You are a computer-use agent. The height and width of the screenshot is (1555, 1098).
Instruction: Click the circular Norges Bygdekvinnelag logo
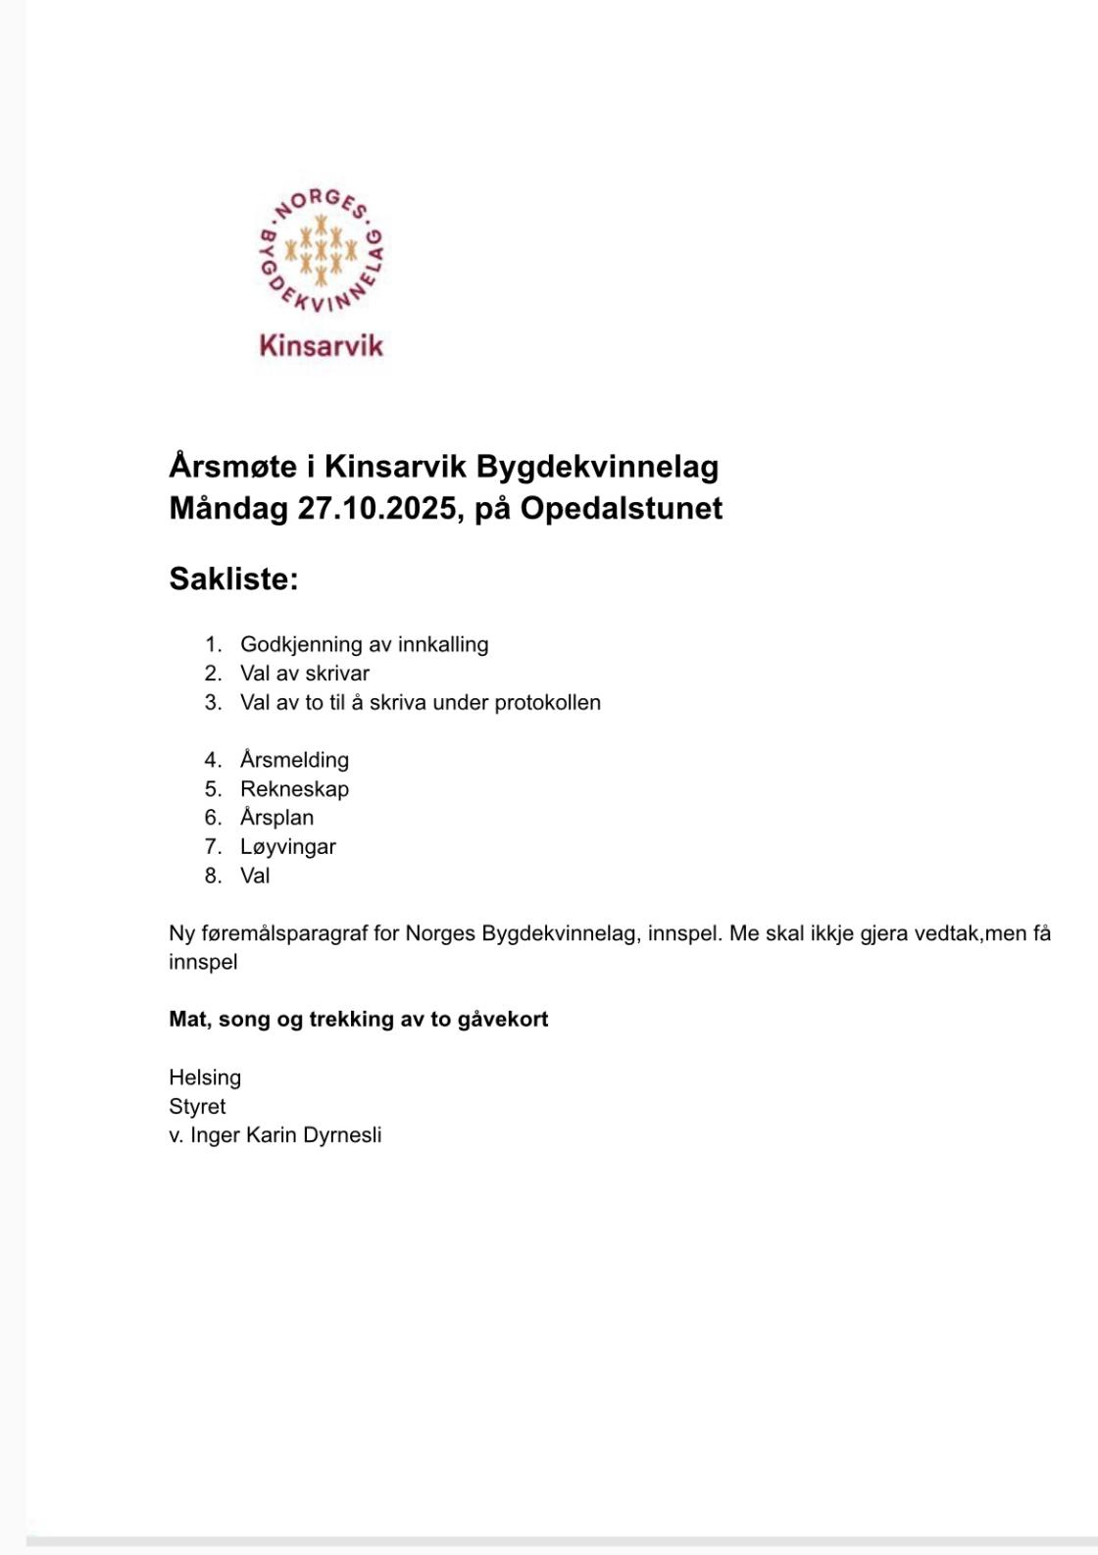(320, 251)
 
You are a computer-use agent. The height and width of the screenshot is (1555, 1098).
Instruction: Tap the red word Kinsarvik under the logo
(321, 345)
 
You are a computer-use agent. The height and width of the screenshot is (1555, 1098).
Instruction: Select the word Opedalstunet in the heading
(621, 508)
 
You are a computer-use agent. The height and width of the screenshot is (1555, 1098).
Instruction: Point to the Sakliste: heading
(233, 578)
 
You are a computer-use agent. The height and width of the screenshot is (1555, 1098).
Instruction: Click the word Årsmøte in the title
(232, 466)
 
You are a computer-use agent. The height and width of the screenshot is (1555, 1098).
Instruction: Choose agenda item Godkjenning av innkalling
(364, 644)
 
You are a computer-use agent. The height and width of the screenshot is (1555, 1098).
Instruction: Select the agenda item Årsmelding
(294, 760)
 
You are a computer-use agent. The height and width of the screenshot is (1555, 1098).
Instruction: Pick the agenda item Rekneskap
(294, 788)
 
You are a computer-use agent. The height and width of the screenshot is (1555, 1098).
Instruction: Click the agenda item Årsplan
(276, 818)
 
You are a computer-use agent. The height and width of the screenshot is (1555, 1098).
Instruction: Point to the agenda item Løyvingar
(287, 846)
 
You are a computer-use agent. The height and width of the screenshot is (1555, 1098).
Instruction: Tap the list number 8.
(213, 876)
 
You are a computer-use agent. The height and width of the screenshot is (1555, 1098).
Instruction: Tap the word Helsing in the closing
(205, 1078)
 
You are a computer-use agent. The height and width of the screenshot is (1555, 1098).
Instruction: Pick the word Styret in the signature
(197, 1106)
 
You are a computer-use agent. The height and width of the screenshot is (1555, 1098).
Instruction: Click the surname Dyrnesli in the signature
(342, 1135)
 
